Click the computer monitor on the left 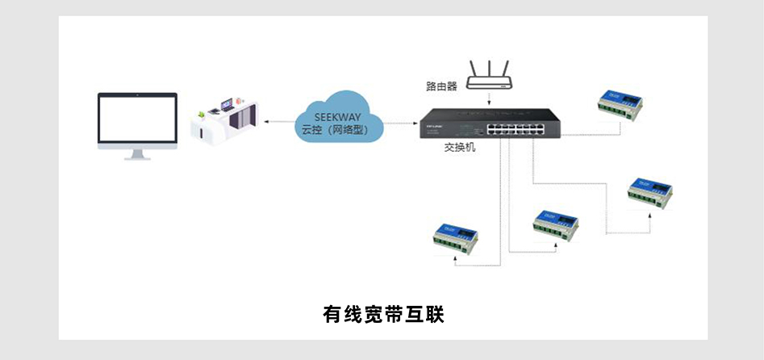(137, 119)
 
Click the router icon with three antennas (490, 73)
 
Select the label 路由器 (441, 86)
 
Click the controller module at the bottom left (455, 237)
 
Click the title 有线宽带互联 (382, 314)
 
